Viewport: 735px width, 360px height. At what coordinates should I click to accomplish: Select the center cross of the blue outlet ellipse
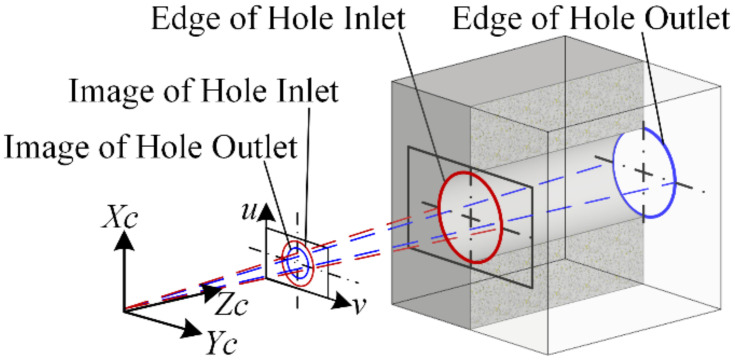645,171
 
